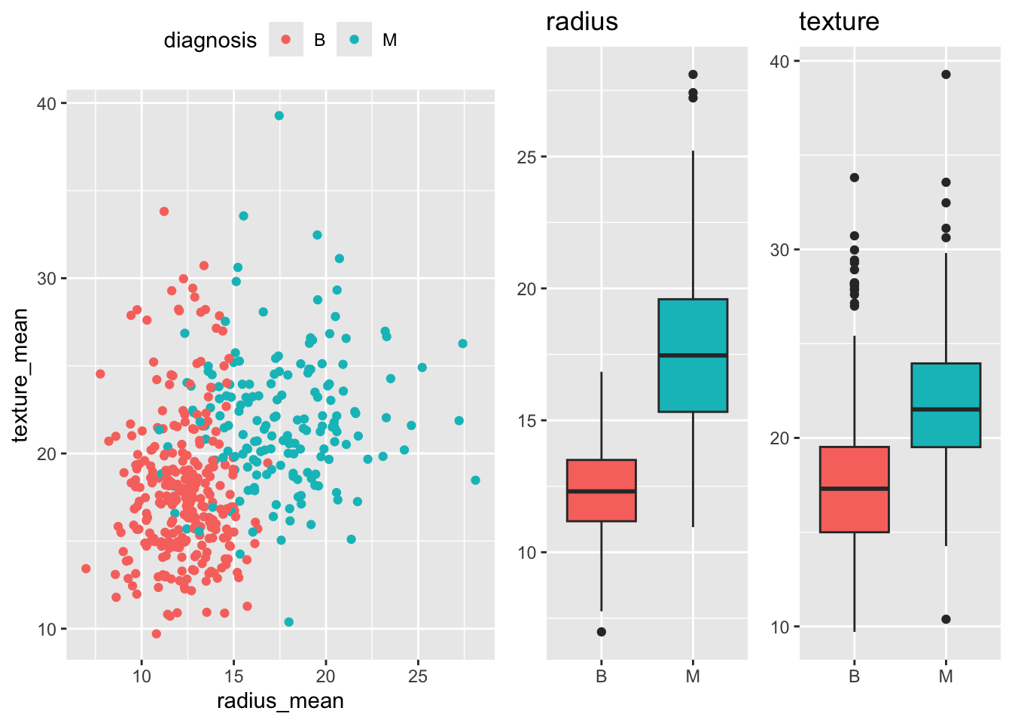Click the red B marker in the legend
(x=286, y=39)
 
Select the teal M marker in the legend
(x=354, y=39)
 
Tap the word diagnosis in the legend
(x=210, y=40)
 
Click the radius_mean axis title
(x=280, y=701)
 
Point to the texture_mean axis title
(x=20, y=375)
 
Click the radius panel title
(x=581, y=22)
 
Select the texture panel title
(x=839, y=22)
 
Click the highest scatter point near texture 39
(x=279, y=115)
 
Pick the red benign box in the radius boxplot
(x=601, y=490)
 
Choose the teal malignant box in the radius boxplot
(x=693, y=355)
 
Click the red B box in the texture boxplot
(x=854, y=490)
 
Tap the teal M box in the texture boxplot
(x=946, y=405)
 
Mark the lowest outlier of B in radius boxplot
(x=601, y=632)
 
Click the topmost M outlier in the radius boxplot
(x=693, y=75)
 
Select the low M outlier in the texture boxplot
(x=946, y=619)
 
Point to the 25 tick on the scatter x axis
(x=417, y=676)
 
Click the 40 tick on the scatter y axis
(x=47, y=103)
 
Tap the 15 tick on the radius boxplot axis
(x=526, y=421)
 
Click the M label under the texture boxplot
(x=946, y=676)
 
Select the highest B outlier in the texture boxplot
(x=854, y=178)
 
